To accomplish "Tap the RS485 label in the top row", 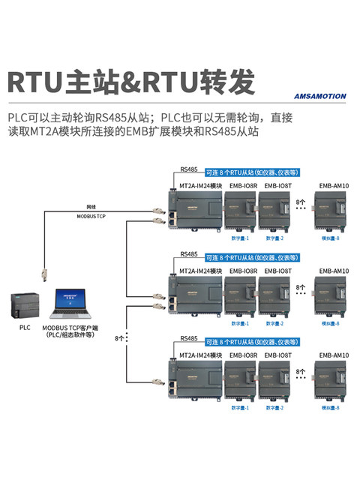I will (x=190, y=170).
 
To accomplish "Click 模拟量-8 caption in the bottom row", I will (x=330, y=408).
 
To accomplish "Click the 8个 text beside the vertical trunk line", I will (x=119, y=339).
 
